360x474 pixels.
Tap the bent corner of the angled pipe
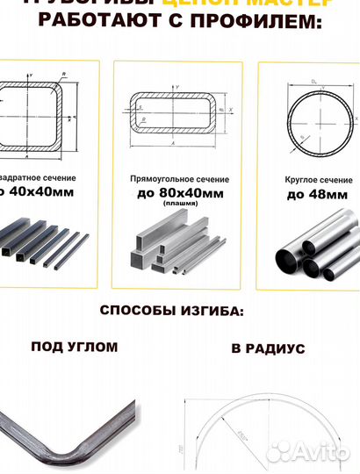pyautogui.click(x=66, y=453)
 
